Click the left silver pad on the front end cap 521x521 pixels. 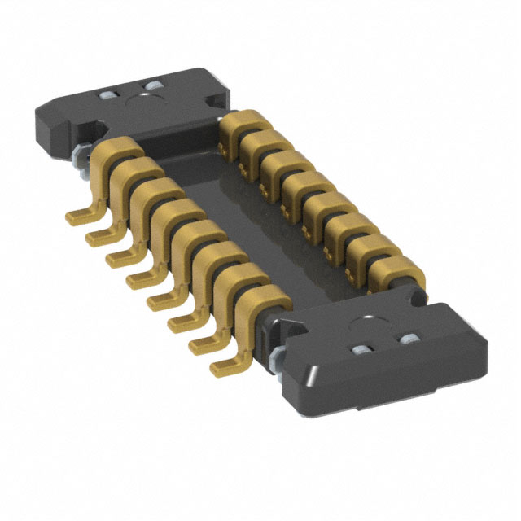pos(360,351)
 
